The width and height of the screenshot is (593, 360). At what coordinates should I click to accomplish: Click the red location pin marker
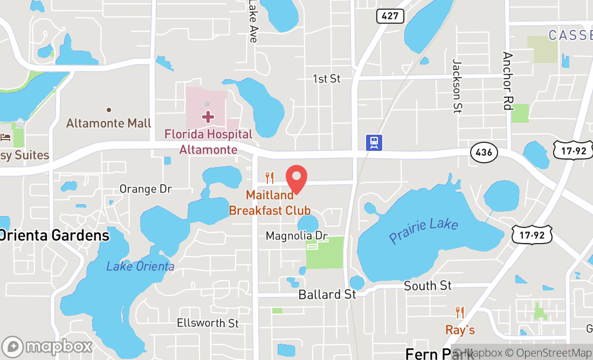[x=296, y=179]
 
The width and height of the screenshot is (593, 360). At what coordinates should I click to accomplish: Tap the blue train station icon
[x=374, y=142]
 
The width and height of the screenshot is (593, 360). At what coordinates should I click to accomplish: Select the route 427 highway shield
[x=390, y=16]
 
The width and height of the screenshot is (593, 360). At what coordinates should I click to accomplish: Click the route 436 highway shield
[x=484, y=153]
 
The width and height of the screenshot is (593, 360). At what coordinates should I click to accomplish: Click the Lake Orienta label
[x=140, y=266]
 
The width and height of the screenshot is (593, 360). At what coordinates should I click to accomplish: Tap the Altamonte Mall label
[x=109, y=123]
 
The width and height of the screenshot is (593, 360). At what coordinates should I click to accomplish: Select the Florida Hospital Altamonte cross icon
[x=208, y=116]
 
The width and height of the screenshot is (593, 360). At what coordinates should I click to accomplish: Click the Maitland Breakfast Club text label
[x=270, y=203]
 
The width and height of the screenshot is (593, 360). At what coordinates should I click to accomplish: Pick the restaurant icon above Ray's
[x=460, y=312]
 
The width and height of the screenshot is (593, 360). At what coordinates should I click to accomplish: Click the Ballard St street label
[x=327, y=294]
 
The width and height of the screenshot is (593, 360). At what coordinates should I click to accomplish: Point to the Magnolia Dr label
[x=296, y=236]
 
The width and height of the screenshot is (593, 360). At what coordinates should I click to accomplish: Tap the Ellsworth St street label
[x=208, y=323]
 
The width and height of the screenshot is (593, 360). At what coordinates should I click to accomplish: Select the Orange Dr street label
[x=146, y=189]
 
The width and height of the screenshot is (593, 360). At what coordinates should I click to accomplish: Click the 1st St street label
[x=327, y=79]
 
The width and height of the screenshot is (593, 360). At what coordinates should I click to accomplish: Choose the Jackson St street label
[x=457, y=86]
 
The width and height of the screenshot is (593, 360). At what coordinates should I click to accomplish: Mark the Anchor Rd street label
[x=507, y=81]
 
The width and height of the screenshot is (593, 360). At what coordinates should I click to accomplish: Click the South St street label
[x=427, y=286]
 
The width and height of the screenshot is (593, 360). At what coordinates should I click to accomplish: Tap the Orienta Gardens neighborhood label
[x=54, y=236]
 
